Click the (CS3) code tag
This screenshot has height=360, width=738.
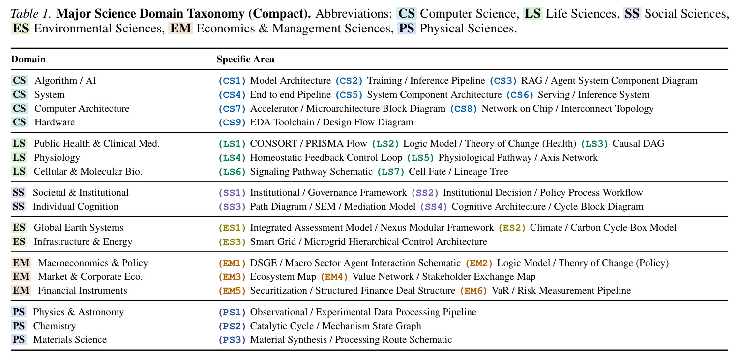click(503, 81)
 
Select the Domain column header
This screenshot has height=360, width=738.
click(29, 60)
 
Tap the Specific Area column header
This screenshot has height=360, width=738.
click(245, 60)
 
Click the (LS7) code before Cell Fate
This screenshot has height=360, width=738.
click(390, 172)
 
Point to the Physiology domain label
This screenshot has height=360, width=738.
click(57, 157)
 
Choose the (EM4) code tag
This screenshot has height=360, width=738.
click(334, 277)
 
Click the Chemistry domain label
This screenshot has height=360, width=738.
click(55, 326)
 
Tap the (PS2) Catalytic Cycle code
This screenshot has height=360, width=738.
click(232, 326)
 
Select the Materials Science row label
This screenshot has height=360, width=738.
click(70, 339)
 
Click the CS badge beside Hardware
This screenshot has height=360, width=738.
click(19, 122)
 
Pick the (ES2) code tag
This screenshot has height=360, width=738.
click(512, 228)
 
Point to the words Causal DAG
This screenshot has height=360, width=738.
click(638, 144)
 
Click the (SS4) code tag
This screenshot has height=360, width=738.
click(434, 207)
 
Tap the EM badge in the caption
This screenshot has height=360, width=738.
click(180, 29)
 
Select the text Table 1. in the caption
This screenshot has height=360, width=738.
click(31, 13)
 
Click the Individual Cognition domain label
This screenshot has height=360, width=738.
click(75, 207)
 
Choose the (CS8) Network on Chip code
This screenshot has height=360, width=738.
click(464, 109)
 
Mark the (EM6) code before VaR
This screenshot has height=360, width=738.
click(473, 291)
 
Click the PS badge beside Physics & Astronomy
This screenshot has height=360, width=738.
click(19, 312)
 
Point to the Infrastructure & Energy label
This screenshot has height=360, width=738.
click(83, 241)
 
